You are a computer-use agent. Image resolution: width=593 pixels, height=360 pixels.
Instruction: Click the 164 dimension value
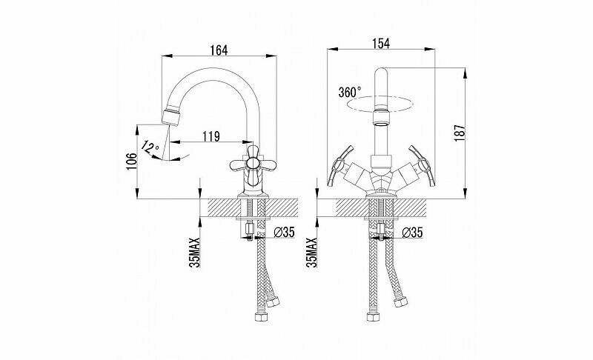[218, 49]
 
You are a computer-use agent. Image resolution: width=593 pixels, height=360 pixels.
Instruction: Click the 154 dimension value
[381, 44]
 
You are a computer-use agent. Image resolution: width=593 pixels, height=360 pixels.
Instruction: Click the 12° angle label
[150, 147]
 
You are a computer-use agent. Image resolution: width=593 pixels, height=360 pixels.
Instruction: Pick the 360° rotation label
[349, 93]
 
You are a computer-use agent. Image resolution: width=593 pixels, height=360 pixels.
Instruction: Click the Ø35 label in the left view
[285, 233]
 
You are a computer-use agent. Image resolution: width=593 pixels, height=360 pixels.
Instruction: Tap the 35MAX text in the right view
[311, 252]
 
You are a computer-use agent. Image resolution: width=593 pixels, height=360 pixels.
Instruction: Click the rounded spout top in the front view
[380, 74]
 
